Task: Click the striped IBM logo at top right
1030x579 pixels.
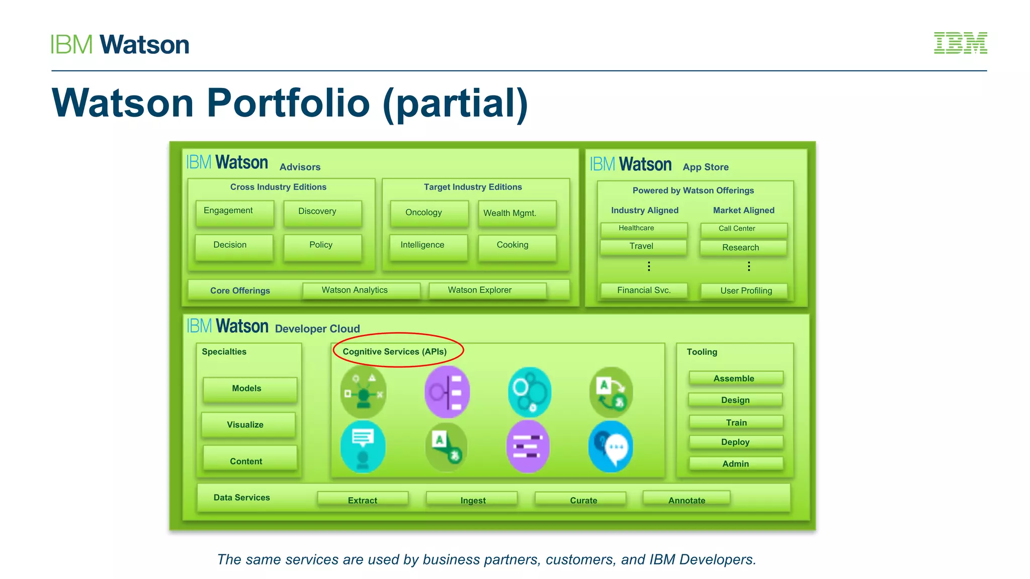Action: pyautogui.click(x=960, y=43)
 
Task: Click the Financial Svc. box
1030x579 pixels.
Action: pyautogui.click(x=643, y=290)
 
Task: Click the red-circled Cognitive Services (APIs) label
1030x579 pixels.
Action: pyautogui.click(x=395, y=351)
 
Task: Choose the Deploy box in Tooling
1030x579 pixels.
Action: pyautogui.click(x=735, y=442)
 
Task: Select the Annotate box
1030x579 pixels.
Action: pyautogui.click(x=686, y=499)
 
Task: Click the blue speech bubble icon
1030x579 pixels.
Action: pyautogui.click(x=611, y=446)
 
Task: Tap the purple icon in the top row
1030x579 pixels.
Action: pyautogui.click(x=447, y=392)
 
